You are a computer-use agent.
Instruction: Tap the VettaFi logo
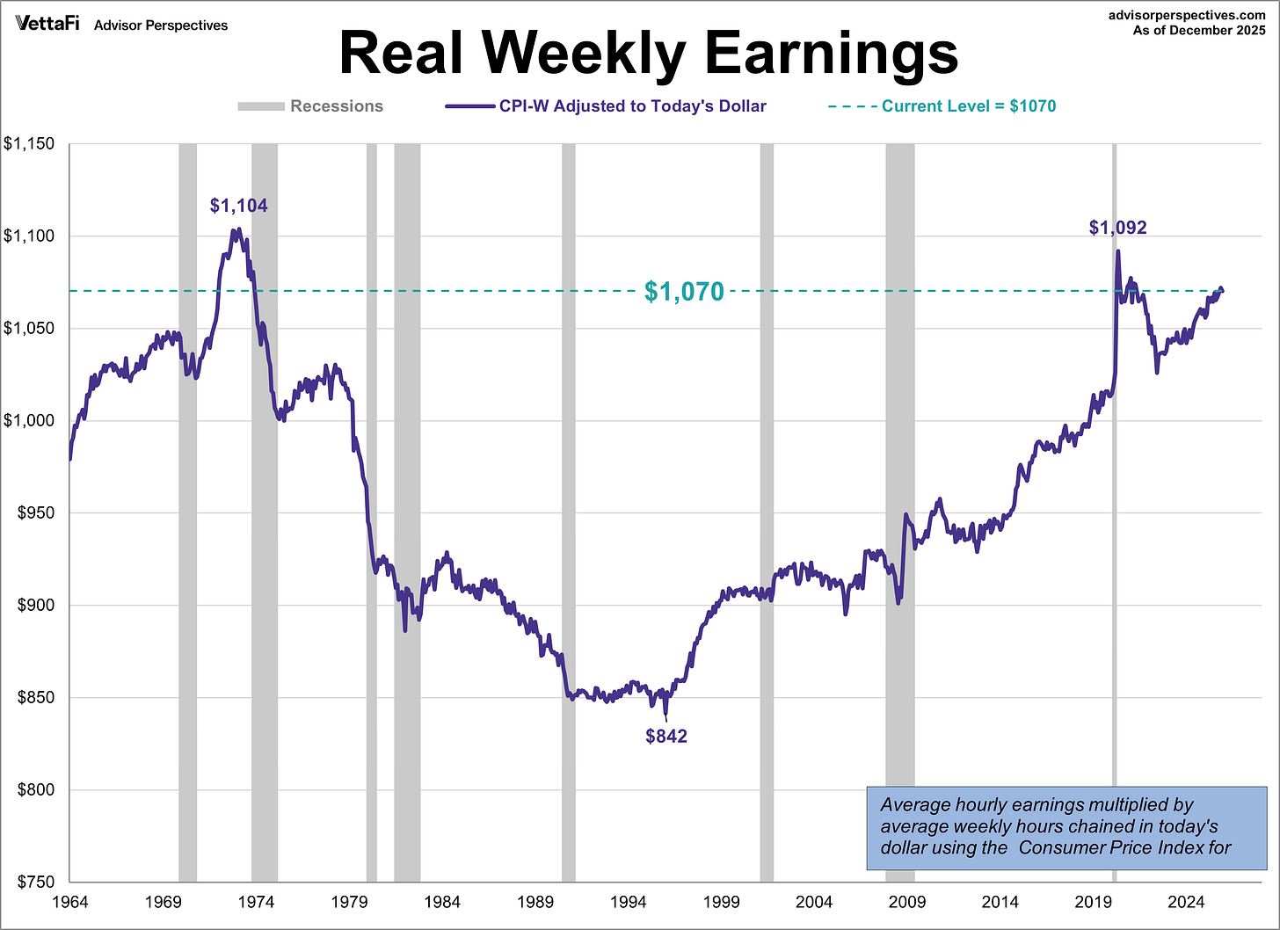coord(47,24)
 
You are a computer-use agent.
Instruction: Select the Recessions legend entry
coord(310,106)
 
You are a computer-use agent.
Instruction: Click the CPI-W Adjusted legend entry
coord(606,106)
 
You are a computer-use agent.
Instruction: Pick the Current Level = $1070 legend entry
coord(942,106)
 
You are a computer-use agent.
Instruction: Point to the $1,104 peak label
coord(238,206)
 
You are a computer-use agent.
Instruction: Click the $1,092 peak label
coord(1117,228)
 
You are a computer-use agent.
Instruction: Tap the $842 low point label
coord(666,737)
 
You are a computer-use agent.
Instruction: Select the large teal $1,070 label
coord(684,292)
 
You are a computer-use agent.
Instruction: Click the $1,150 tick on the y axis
coord(29,144)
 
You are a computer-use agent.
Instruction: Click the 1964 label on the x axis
coord(69,902)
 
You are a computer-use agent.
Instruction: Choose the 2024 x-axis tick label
coord(1186,902)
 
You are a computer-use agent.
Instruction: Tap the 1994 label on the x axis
coord(628,902)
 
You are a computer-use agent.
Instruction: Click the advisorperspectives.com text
coord(1187,15)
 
